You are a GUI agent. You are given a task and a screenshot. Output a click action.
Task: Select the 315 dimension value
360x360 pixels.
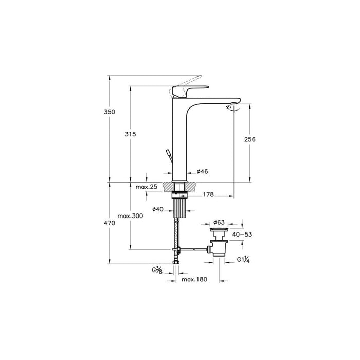(x=130, y=134)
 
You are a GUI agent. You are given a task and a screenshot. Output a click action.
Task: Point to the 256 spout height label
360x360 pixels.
(x=250, y=140)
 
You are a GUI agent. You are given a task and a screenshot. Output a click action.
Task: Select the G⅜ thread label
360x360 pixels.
(x=157, y=270)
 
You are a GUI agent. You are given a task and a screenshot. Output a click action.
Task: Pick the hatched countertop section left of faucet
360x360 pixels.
(x=168, y=187)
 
